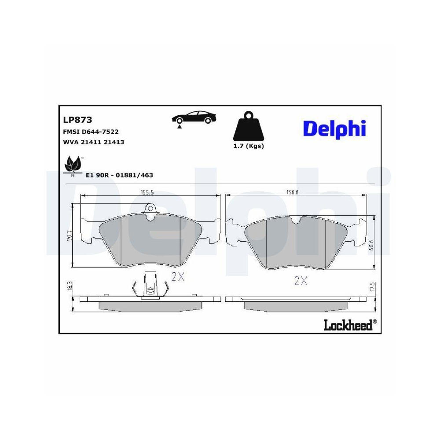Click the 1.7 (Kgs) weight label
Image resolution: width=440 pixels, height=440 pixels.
click(248, 146)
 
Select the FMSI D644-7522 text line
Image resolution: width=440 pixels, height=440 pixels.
click(91, 132)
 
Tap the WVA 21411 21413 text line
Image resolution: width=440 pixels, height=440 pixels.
click(94, 142)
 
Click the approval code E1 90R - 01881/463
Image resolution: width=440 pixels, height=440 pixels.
click(119, 175)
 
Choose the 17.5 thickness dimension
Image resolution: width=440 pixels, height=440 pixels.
click(372, 287)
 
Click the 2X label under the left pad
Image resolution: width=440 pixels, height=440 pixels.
click(177, 277)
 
